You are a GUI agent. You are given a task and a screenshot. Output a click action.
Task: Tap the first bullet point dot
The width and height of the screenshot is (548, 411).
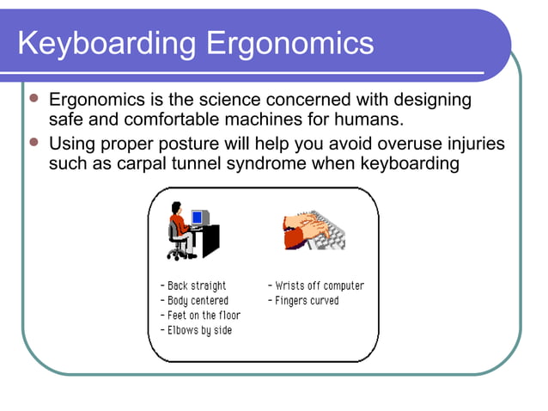pyautogui.click(x=34, y=100)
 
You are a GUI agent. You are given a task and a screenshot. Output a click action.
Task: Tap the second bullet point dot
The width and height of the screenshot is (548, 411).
pyautogui.click(x=34, y=142)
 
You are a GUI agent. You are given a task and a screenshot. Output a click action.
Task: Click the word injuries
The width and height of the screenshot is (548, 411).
pyautogui.click(x=470, y=143)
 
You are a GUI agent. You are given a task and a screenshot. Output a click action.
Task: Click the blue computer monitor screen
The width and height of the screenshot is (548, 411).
pyautogui.click(x=199, y=218)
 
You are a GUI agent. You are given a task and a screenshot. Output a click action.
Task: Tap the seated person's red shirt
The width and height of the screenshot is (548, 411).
pyautogui.click(x=178, y=226)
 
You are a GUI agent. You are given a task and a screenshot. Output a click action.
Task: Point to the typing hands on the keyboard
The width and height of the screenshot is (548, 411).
pyautogui.click(x=306, y=229)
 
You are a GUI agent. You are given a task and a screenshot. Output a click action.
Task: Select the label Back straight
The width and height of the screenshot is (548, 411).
pyautogui.click(x=193, y=285)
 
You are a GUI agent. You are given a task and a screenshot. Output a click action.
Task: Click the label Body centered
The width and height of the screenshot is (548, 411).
pyautogui.click(x=194, y=301)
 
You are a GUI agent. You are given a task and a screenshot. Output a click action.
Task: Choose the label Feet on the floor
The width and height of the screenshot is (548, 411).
pyautogui.click(x=201, y=316)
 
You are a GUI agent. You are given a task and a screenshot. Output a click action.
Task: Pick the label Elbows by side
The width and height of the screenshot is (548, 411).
pyautogui.click(x=196, y=330)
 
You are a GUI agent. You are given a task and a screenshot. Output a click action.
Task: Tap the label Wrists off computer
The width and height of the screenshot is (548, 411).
pyautogui.click(x=316, y=285)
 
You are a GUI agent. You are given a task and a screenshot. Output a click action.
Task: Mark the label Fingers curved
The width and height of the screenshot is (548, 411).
pyautogui.click(x=303, y=301)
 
